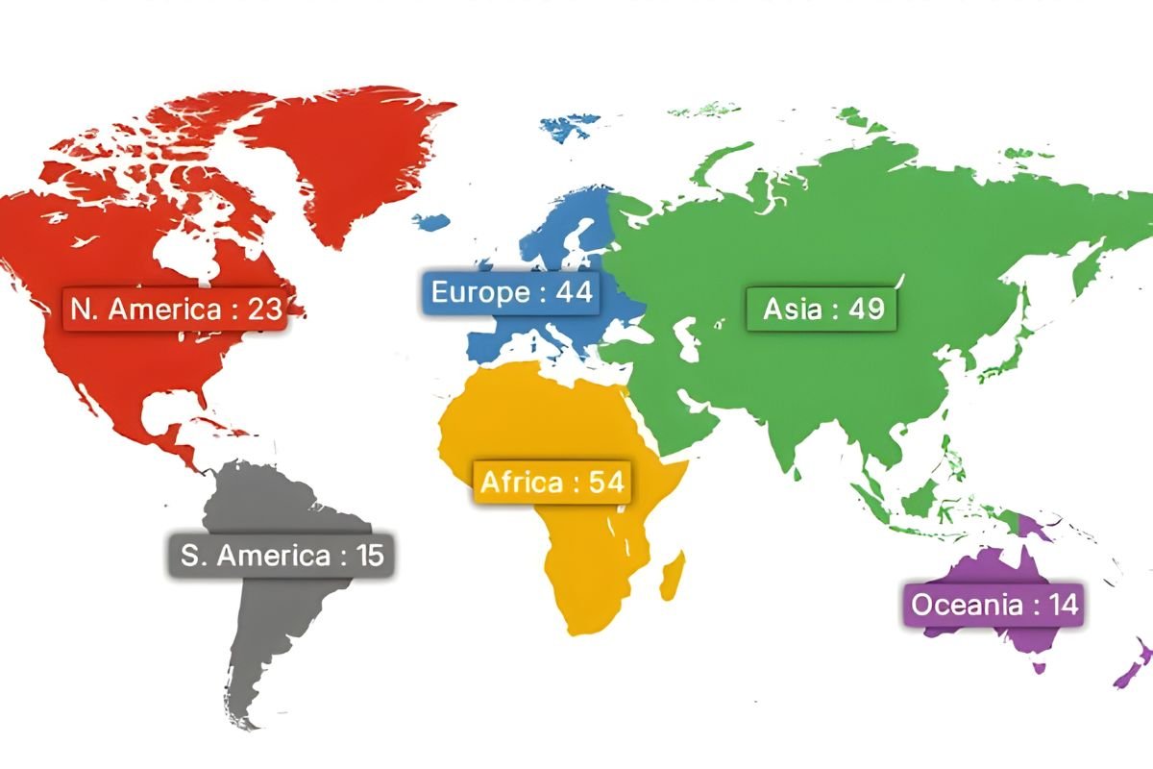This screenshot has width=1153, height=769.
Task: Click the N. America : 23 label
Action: coord(174,310)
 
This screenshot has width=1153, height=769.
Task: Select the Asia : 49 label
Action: coord(822,310)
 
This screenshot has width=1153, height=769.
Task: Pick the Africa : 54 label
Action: coord(552,482)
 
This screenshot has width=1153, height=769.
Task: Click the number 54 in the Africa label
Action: coord(607,482)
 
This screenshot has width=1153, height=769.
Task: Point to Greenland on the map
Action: coord(356,154)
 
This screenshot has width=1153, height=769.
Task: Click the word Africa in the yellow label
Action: coord(521,482)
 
